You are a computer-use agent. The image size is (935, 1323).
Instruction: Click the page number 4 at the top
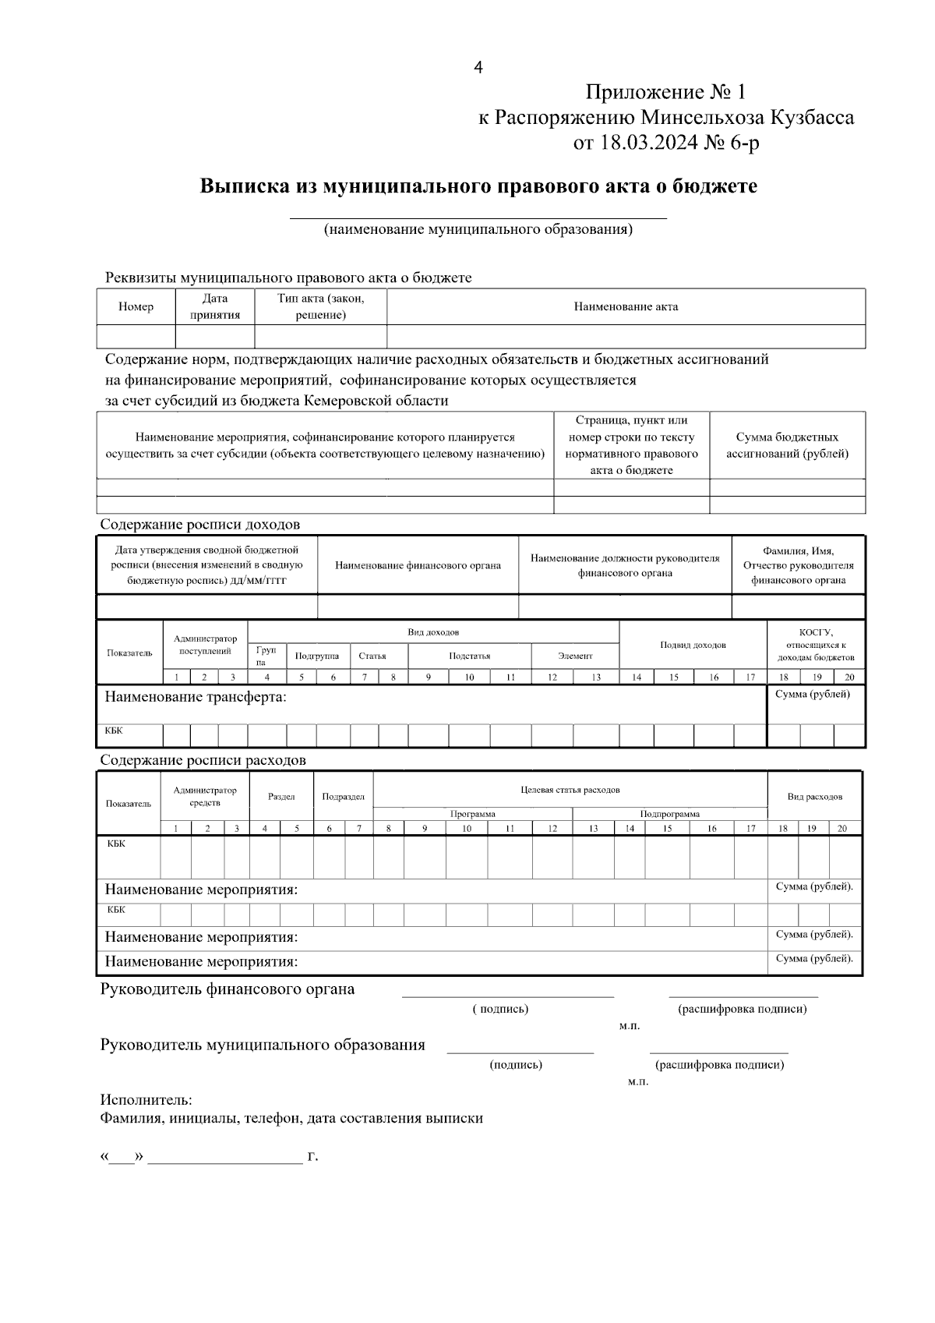click(x=478, y=69)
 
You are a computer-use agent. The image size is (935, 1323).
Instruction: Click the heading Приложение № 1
click(x=665, y=93)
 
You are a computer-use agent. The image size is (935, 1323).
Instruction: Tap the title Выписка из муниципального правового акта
click(x=478, y=187)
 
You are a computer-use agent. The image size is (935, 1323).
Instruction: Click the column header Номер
click(x=136, y=307)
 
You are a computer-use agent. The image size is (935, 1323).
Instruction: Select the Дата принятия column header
click(x=215, y=307)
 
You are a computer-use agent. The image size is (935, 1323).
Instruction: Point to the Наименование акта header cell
click(x=626, y=307)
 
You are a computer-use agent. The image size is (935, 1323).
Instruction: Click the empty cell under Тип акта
click(x=320, y=337)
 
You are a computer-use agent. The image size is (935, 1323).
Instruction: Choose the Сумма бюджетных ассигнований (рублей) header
click(x=787, y=445)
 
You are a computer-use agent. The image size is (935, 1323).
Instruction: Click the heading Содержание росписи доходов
click(x=199, y=525)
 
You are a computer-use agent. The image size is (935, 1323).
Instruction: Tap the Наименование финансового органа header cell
click(x=418, y=565)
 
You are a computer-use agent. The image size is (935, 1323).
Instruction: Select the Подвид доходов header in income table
click(x=693, y=645)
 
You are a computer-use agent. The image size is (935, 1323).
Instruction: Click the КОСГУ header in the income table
click(x=816, y=645)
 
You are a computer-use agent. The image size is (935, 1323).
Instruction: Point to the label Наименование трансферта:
click(x=196, y=697)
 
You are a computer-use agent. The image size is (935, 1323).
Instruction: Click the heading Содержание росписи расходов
click(x=203, y=760)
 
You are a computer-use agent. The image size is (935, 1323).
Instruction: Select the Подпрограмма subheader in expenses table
click(x=669, y=814)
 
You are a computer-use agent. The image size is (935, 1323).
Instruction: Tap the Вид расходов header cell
click(x=814, y=797)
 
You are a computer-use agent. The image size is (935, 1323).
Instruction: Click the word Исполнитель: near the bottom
click(x=146, y=1100)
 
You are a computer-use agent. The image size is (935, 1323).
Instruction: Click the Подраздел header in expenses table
click(x=343, y=797)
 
